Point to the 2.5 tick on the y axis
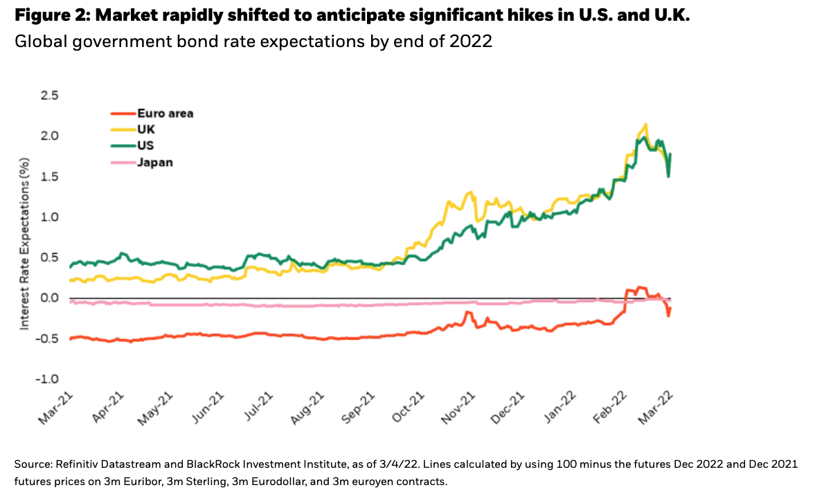tap(50, 95)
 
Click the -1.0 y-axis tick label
tap(47, 379)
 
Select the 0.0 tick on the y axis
tap(50, 298)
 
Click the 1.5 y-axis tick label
tap(50, 176)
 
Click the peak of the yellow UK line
tap(646, 125)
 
